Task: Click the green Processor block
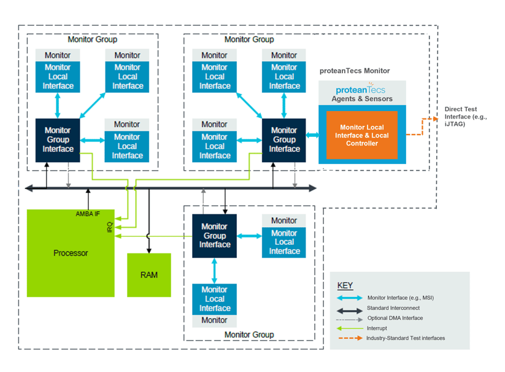(x=71, y=253)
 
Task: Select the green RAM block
(x=148, y=274)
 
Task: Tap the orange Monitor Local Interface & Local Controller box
(x=361, y=135)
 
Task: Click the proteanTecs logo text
(x=361, y=89)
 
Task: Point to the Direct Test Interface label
(x=465, y=117)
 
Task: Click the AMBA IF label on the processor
(x=87, y=214)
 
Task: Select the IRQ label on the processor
(x=110, y=227)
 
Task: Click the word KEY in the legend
(x=345, y=285)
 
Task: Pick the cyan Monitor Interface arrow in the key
(x=349, y=298)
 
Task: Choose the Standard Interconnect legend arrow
(x=349, y=309)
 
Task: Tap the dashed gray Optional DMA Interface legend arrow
(x=349, y=319)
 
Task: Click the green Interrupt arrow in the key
(x=349, y=328)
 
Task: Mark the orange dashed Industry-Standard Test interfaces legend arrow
(x=349, y=338)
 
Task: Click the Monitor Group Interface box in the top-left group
(x=58, y=140)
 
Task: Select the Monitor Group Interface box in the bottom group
(x=214, y=236)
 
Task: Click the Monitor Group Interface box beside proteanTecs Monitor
(x=284, y=140)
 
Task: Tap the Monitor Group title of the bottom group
(x=249, y=335)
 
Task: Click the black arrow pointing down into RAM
(x=148, y=239)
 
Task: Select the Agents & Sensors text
(x=361, y=99)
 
